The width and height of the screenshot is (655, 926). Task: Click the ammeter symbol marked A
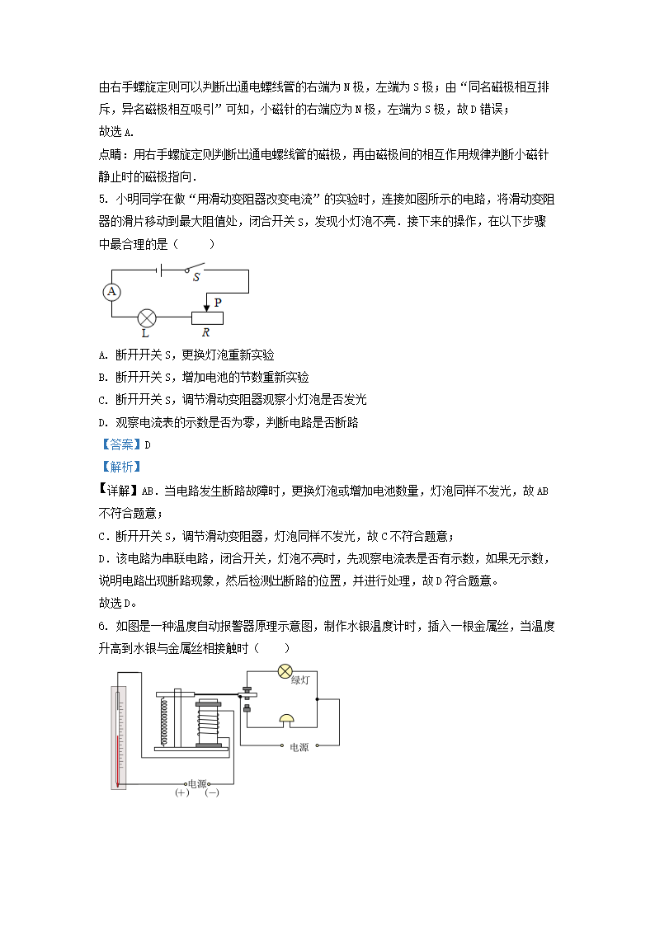(x=112, y=292)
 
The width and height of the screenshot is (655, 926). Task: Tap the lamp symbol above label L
(x=147, y=317)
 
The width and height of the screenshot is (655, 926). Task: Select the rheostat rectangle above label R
(x=207, y=317)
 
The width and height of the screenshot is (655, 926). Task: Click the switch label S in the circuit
(x=196, y=278)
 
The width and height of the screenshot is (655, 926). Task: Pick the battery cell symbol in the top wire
(x=160, y=269)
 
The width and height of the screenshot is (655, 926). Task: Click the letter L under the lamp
(x=145, y=334)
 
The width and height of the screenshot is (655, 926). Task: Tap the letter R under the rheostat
(x=205, y=333)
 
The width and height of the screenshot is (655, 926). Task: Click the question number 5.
(x=101, y=200)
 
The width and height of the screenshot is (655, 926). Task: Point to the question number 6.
(x=101, y=627)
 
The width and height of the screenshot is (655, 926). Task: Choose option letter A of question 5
(x=102, y=355)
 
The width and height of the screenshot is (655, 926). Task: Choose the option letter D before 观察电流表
(x=102, y=421)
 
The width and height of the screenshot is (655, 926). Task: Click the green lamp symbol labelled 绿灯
(x=285, y=670)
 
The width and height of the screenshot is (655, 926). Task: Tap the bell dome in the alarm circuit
(x=286, y=719)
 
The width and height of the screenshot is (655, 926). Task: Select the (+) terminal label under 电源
(x=182, y=792)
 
